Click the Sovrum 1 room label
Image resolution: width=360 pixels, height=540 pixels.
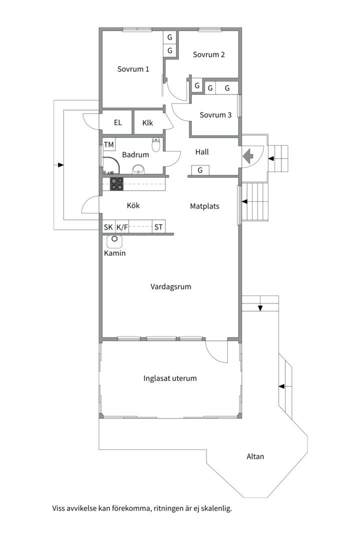tap(133, 69)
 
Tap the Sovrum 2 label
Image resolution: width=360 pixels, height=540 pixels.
tap(209, 54)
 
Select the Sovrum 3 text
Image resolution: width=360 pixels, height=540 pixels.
tap(215, 115)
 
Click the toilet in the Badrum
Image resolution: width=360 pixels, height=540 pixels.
tap(156, 144)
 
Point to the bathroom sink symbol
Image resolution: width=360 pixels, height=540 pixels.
tap(139, 169)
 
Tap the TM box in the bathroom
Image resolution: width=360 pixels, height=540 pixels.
tap(109, 144)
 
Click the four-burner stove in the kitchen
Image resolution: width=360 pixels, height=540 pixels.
tap(117, 184)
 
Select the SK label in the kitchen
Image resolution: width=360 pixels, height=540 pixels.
tap(108, 227)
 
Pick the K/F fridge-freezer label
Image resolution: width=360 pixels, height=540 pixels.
tap(122, 227)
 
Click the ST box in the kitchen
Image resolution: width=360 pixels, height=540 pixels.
tap(158, 227)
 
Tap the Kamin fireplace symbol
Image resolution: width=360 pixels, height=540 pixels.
tap(114, 241)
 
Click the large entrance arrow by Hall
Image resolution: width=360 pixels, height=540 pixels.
tap(248, 156)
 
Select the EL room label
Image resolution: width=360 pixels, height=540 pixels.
tap(118, 122)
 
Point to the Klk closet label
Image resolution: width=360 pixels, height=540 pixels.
tap(148, 123)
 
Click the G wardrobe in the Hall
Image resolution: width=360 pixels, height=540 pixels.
tap(200, 170)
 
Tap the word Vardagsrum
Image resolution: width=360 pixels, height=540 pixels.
tap(171, 286)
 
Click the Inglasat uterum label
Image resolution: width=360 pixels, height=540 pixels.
tap(170, 378)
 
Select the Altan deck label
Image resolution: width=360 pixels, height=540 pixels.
tap(255, 456)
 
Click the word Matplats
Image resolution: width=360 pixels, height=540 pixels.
tap(204, 206)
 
